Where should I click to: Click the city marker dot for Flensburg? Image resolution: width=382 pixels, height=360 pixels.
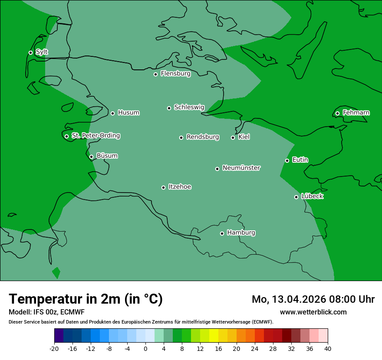155,74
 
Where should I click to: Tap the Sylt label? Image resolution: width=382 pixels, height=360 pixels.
42,52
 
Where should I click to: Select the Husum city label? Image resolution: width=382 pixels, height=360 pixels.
128,113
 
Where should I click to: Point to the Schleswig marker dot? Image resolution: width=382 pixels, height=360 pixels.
169,108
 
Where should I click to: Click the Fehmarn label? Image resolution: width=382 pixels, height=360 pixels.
356,113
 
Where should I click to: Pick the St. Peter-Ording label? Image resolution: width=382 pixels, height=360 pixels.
95,136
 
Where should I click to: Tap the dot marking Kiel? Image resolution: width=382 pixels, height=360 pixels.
233,137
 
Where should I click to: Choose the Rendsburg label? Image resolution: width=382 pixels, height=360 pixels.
203,137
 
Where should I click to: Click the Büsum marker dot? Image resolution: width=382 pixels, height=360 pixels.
91,157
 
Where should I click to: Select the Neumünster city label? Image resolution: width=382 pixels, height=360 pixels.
241,168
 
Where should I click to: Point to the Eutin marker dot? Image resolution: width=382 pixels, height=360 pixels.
287,160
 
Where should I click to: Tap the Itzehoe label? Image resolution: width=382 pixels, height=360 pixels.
180,187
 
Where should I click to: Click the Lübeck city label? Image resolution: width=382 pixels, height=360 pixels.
312,196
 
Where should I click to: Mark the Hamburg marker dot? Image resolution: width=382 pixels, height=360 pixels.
222,233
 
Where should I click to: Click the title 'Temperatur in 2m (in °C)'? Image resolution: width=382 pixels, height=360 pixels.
86,299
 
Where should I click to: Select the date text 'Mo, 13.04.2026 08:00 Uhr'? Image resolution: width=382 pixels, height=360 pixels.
313,299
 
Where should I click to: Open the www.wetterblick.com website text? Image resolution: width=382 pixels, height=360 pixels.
313,312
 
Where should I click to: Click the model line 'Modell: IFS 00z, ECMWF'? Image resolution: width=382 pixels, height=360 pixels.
46,312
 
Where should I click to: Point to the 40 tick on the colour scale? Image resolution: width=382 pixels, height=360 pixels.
328,349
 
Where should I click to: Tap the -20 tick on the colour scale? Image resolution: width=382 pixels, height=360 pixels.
54,349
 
